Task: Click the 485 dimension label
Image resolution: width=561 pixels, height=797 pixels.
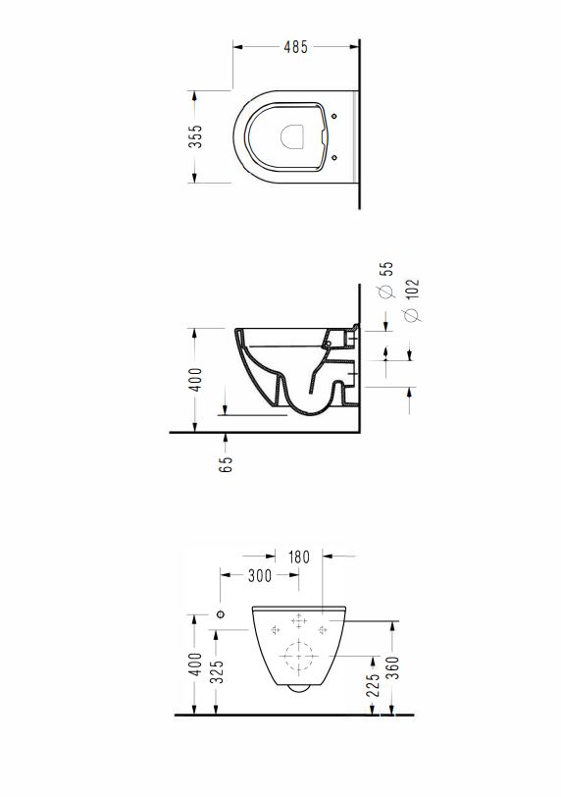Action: (x=295, y=47)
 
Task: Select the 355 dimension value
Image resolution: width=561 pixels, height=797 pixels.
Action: (x=195, y=136)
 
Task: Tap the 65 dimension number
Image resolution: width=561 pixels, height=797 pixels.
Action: (x=226, y=463)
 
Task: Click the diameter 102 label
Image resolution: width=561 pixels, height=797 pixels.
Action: (x=412, y=300)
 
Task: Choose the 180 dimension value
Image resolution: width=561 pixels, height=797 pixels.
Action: (x=298, y=558)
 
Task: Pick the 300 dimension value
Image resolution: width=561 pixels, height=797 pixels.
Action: (x=260, y=575)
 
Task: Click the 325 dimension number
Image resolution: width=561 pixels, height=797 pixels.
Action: (x=217, y=671)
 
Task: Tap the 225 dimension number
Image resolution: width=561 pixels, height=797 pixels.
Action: (x=373, y=685)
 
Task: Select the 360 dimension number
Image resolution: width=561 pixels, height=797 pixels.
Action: (x=393, y=667)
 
